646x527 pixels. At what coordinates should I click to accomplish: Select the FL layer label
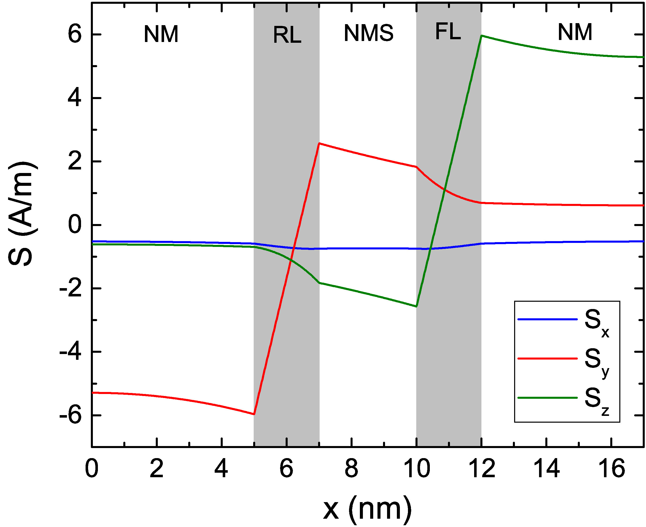[x=448, y=32]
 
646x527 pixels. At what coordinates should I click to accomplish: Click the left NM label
[x=161, y=34]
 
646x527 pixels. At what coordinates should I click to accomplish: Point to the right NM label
[x=575, y=32]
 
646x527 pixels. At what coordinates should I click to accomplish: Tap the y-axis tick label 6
[x=75, y=35]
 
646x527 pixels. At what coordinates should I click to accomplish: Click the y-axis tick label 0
[x=75, y=225]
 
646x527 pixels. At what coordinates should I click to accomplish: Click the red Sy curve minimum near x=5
[x=254, y=414]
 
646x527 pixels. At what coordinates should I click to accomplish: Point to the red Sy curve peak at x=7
[x=319, y=143]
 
